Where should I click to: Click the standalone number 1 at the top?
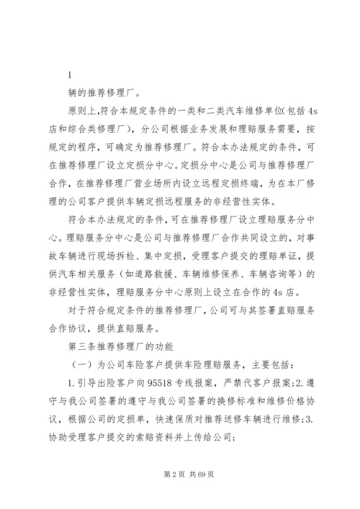tap(68, 73)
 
